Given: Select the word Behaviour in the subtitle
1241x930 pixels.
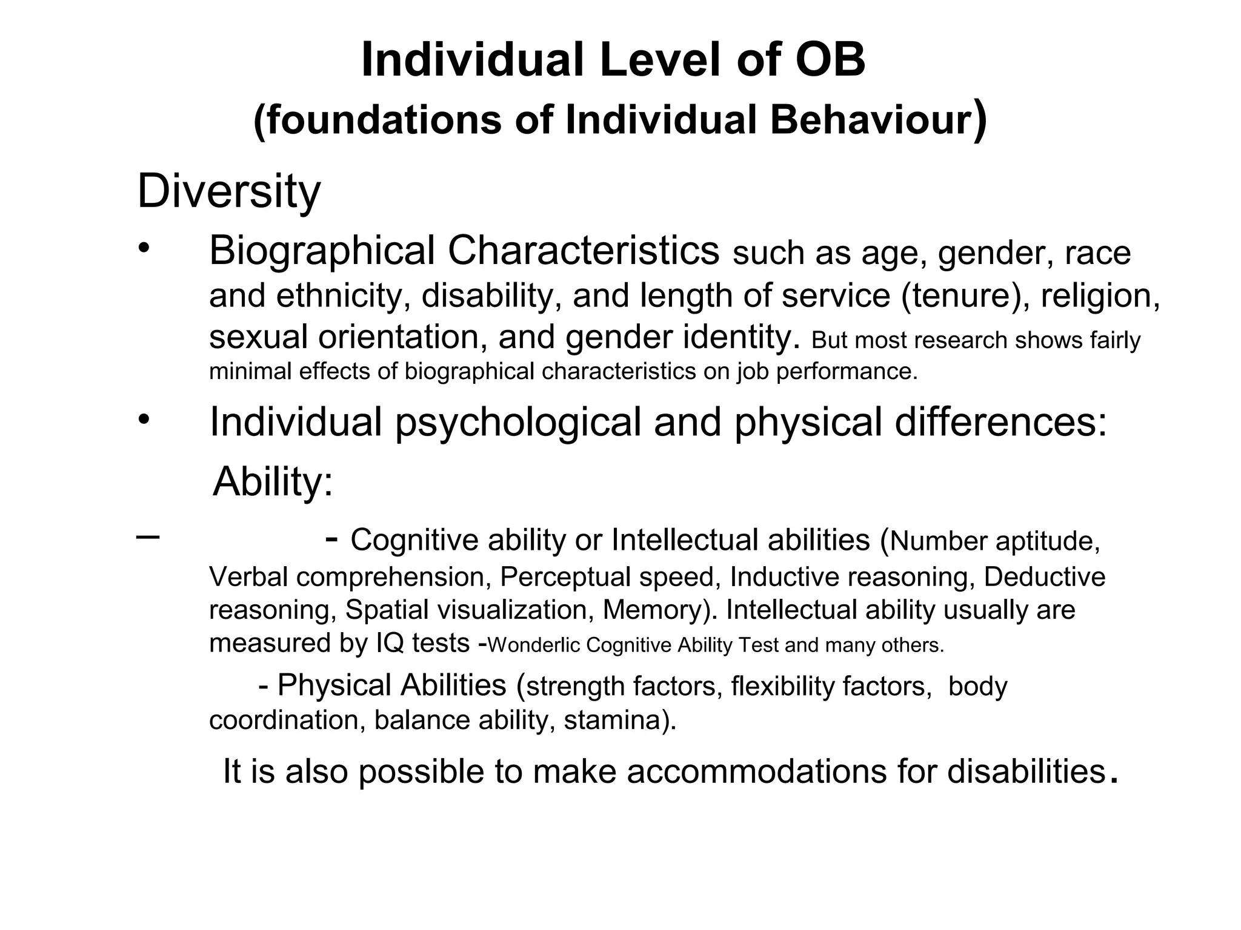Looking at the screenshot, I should [x=871, y=120].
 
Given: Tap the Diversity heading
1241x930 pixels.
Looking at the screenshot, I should [x=228, y=191].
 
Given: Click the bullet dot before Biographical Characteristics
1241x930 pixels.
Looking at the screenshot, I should [x=143, y=248].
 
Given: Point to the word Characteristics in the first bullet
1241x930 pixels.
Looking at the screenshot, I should [x=584, y=251].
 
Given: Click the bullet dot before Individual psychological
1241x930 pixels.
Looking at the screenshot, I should [x=143, y=419].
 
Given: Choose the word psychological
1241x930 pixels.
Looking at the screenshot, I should [x=518, y=422].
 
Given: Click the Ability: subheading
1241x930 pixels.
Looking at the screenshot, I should [x=273, y=481].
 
